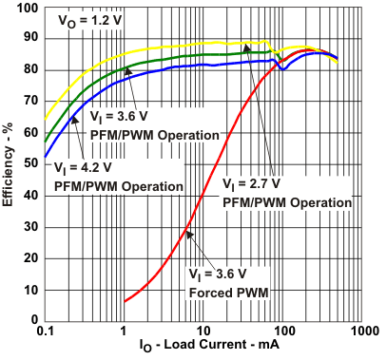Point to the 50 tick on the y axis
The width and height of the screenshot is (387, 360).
[31, 162]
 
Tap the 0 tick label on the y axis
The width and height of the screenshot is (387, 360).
[32, 317]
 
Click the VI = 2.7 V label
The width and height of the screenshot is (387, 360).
[254, 183]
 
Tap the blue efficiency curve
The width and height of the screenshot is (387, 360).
[143, 71]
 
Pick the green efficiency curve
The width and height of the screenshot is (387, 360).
[143, 61]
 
